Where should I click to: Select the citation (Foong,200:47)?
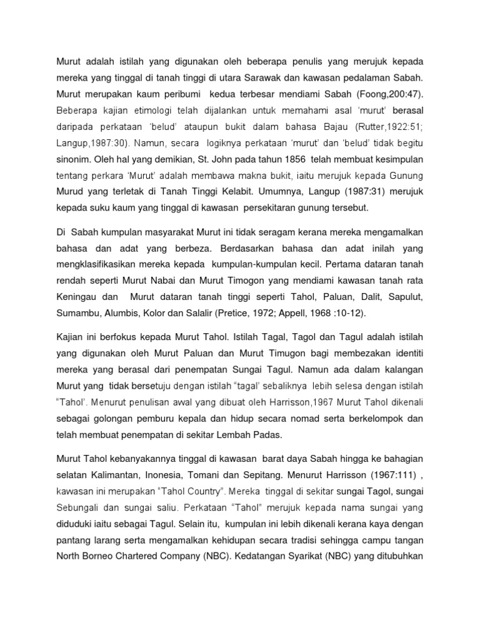(x=395, y=95)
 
